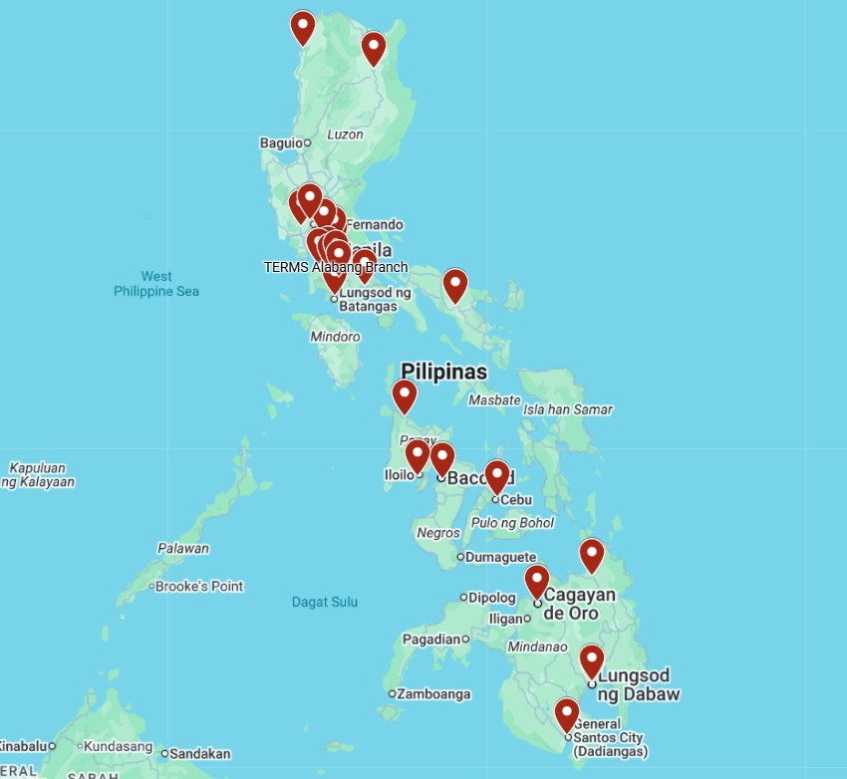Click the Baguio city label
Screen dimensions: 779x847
pos(280,142)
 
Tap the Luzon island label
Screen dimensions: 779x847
pos(345,134)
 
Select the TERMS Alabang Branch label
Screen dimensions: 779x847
pos(336,267)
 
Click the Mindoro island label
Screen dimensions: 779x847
pos(335,337)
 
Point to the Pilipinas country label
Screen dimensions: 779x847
pos(443,372)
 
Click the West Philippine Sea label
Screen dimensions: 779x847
pos(156,284)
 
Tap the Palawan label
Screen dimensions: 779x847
pos(183,548)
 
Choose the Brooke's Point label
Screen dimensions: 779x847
pos(199,586)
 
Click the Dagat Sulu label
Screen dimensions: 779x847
pos(325,602)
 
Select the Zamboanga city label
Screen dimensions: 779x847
pos(433,693)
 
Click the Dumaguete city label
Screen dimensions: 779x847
pos(501,557)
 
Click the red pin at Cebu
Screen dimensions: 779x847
pos(496,475)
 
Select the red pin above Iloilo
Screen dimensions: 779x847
pos(417,455)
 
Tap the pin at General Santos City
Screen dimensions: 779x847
pos(567,713)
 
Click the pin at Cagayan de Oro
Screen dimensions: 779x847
pos(537,580)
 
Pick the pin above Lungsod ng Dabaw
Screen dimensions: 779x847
pos(592,659)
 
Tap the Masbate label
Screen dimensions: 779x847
pos(494,400)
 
